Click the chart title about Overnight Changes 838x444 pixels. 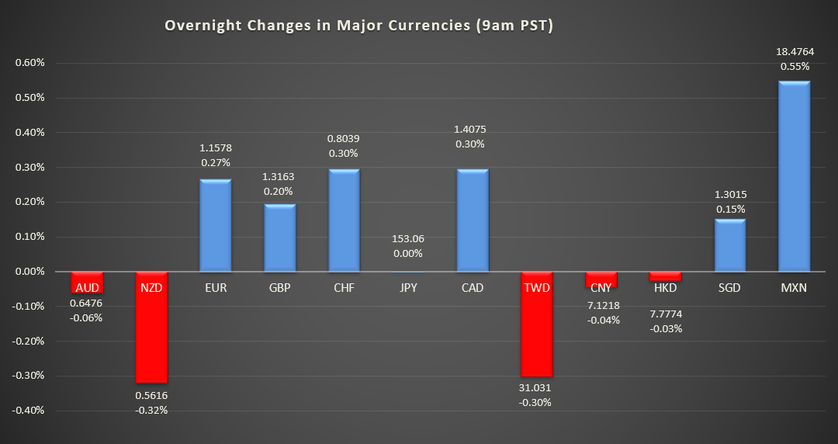358,26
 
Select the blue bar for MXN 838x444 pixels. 794,176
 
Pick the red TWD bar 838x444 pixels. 537,332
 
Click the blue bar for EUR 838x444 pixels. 216,225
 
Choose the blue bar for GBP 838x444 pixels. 280,238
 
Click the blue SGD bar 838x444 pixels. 729,245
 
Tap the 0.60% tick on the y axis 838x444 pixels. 30,63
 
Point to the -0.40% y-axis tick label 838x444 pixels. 29,411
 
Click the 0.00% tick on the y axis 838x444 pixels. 30,272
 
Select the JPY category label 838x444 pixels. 408,288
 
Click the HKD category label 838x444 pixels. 665,288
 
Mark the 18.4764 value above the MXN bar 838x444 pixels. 794,50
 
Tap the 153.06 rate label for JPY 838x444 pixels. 408,238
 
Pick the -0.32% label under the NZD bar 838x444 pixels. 151,410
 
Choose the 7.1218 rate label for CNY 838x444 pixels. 601,304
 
